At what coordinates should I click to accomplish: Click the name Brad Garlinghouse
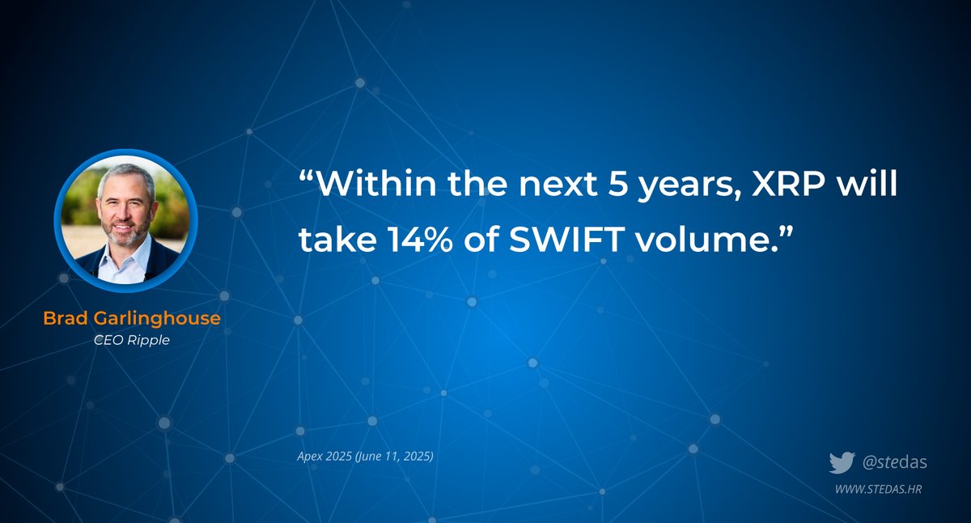tap(131, 318)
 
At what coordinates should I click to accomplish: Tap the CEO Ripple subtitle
tap(131, 340)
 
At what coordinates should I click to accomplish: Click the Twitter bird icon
tap(842, 463)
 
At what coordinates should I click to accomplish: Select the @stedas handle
tap(894, 463)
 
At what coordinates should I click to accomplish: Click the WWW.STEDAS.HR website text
tap(879, 489)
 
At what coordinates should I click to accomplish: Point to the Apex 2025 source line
tap(365, 457)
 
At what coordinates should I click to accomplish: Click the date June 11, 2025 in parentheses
tap(394, 457)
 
